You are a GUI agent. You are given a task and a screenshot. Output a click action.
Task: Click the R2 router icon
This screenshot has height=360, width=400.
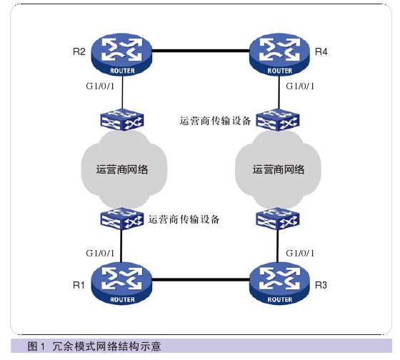pyautogui.click(x=121, y=54)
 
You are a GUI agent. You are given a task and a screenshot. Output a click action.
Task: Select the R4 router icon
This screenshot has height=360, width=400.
pyautogui.click(x=279, y=54)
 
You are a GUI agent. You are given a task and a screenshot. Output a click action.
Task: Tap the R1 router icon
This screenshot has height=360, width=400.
pyautogui.click(x=121, y=284)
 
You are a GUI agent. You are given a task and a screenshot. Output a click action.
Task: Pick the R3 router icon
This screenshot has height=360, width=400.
pyautogui.click(x=279, y=284)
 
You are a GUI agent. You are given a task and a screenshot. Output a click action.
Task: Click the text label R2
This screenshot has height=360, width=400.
pyautogui.click(x=79, y=52)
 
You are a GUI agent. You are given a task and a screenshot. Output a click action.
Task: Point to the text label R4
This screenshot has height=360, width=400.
pyautogui.click(x=321, y=52)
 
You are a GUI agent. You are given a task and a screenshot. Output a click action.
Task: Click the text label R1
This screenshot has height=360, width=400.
pyautogui.click(x=79, y=285)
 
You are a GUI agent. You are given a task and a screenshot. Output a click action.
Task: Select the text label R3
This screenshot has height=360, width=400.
pyautogui.click(x=321, y=285)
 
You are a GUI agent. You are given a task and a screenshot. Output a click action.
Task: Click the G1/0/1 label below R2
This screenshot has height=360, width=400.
pyautogui.click(x=100, y=86)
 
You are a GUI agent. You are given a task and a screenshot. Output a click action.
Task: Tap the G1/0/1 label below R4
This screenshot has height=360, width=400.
pyautogui.click(x=300, y=86)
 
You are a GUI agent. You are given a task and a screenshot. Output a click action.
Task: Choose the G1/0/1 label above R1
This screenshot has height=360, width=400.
pyautogui.click(x=100, y=253)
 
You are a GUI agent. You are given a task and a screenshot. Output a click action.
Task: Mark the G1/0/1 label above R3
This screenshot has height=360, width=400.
pyautogui.click(x=300, y=253)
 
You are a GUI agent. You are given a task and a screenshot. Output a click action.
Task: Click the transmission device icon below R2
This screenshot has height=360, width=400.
pyautogui.click(x=122, y=119)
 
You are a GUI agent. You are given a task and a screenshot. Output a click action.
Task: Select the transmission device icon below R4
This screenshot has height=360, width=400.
pyautogui.click(x=278, y=119)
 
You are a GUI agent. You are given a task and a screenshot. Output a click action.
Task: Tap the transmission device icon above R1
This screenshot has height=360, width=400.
pyautogui.click(x=121, y=219)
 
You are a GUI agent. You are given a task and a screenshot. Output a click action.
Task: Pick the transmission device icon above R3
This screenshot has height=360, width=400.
pyautogui.click(x=278, y=219)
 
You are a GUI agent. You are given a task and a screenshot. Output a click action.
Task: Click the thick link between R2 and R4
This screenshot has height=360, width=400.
pyautogui.click(x=201, y=51)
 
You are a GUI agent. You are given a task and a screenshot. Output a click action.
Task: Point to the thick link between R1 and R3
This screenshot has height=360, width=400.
pyautogui.click(x=201, y=280)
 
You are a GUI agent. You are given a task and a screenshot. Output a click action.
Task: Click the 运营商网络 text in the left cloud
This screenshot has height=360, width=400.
pyautogui.click(x=122, y=170)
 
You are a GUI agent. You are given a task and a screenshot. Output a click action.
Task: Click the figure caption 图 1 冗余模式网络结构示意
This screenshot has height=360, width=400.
pyautogui.click(x=94, y=346)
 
